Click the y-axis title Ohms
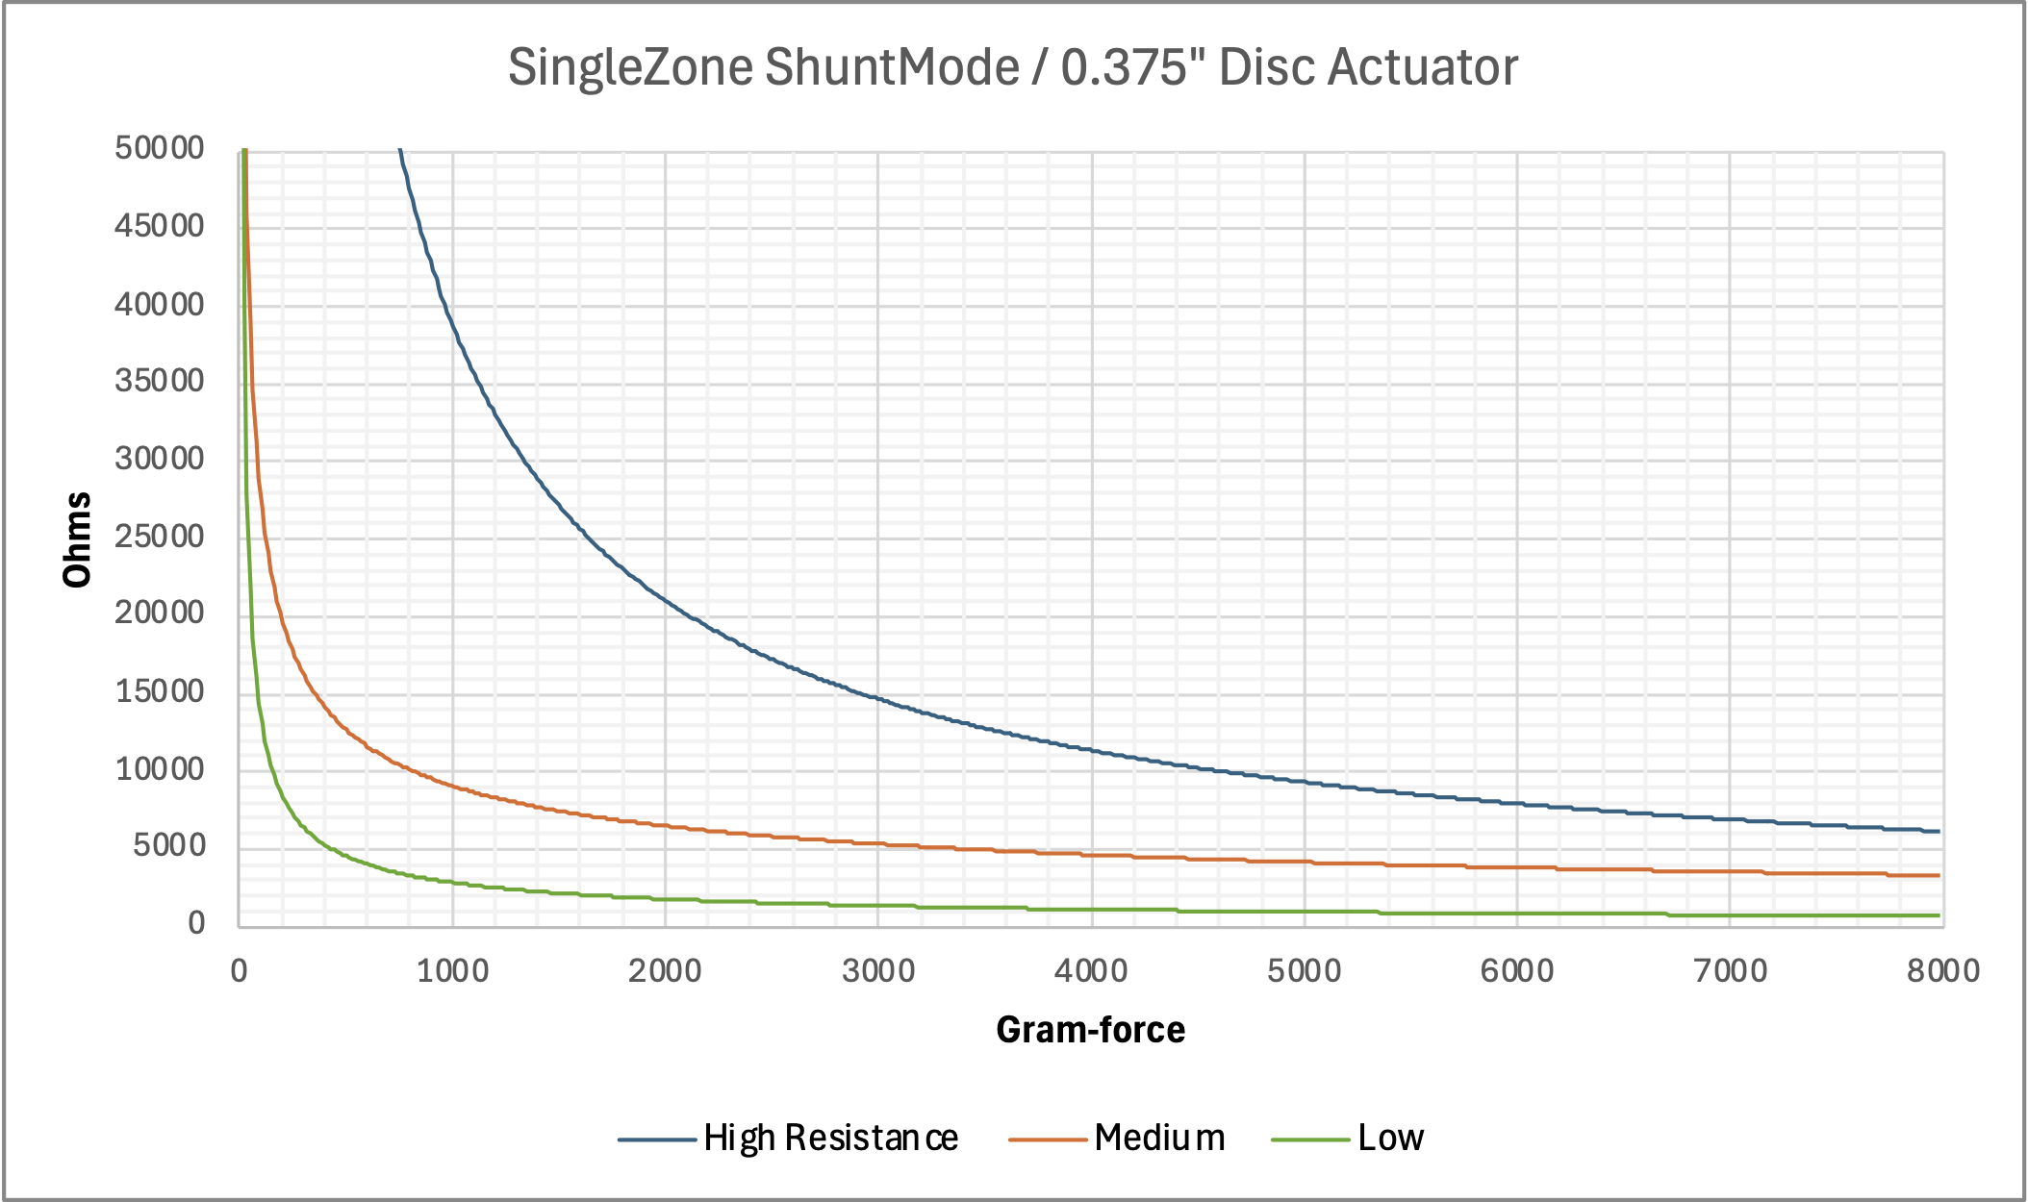pyautogui.click(x=77, y=539)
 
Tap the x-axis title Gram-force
pyautogui.click(x=1090, y=1030)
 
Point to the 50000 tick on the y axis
pyautogui.click(x=160, y=149)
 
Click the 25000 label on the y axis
pyautogui.click(x=160, y=537)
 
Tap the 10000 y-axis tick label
pyautogui.click(x=160, y=769)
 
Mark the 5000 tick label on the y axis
pyautogui.click(x=169, y=846)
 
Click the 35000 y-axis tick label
pyautogui.click(x=160, y=382)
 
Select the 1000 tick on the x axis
pyautogui.click(x=452, y=971)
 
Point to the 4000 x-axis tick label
pyautogui.click(x=1091, y=971)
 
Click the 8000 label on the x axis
pyautogui.click(x=1942, y=971)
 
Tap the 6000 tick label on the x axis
pyautogui.click(x=1517, y=971)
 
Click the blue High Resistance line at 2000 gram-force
pyautogui.click(x=665, y=601)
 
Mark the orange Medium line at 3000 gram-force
pyautogui.click(x=877, y=843)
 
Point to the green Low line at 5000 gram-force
pyautogui.click(x=1304, y=911)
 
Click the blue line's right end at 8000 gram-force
pyautogui.click(x=1938, y=831)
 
